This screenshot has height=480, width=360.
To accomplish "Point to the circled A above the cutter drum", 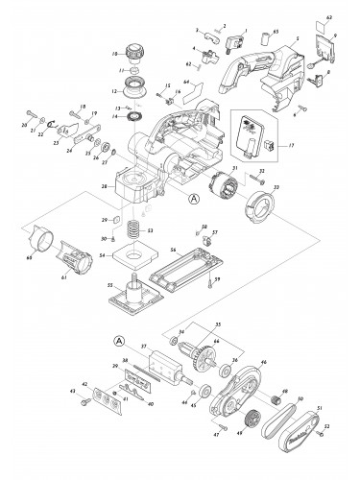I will pos(118,341).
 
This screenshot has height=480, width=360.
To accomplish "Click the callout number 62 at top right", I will pos(327,18).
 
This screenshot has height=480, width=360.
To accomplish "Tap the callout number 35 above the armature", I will pos(217,325).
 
